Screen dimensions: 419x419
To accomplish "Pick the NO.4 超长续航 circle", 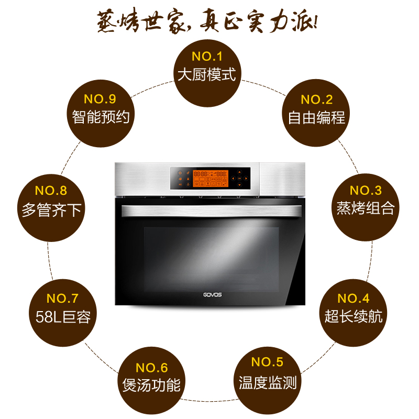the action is point(353,308).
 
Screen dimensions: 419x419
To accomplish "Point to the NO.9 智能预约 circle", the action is point(100,109).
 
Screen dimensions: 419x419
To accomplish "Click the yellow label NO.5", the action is point(267,362).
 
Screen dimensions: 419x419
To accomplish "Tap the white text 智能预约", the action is point(100,116).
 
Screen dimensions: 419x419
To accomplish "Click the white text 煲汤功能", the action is point(151,385).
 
